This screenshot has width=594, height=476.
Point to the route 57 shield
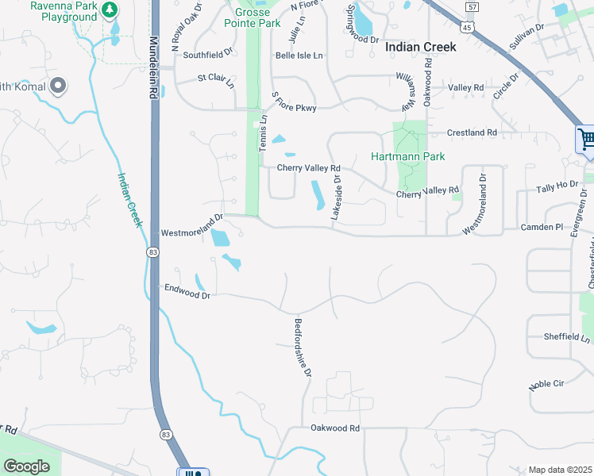472,7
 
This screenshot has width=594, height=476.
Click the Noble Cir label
546,384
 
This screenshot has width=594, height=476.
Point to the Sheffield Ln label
567,337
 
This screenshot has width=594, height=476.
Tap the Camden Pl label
542,227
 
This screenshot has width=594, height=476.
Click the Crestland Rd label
472,132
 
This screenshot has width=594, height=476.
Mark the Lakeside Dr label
337,198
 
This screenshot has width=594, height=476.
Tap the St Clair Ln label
216,80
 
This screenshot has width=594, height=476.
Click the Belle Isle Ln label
299,56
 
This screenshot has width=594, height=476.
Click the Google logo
26,466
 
